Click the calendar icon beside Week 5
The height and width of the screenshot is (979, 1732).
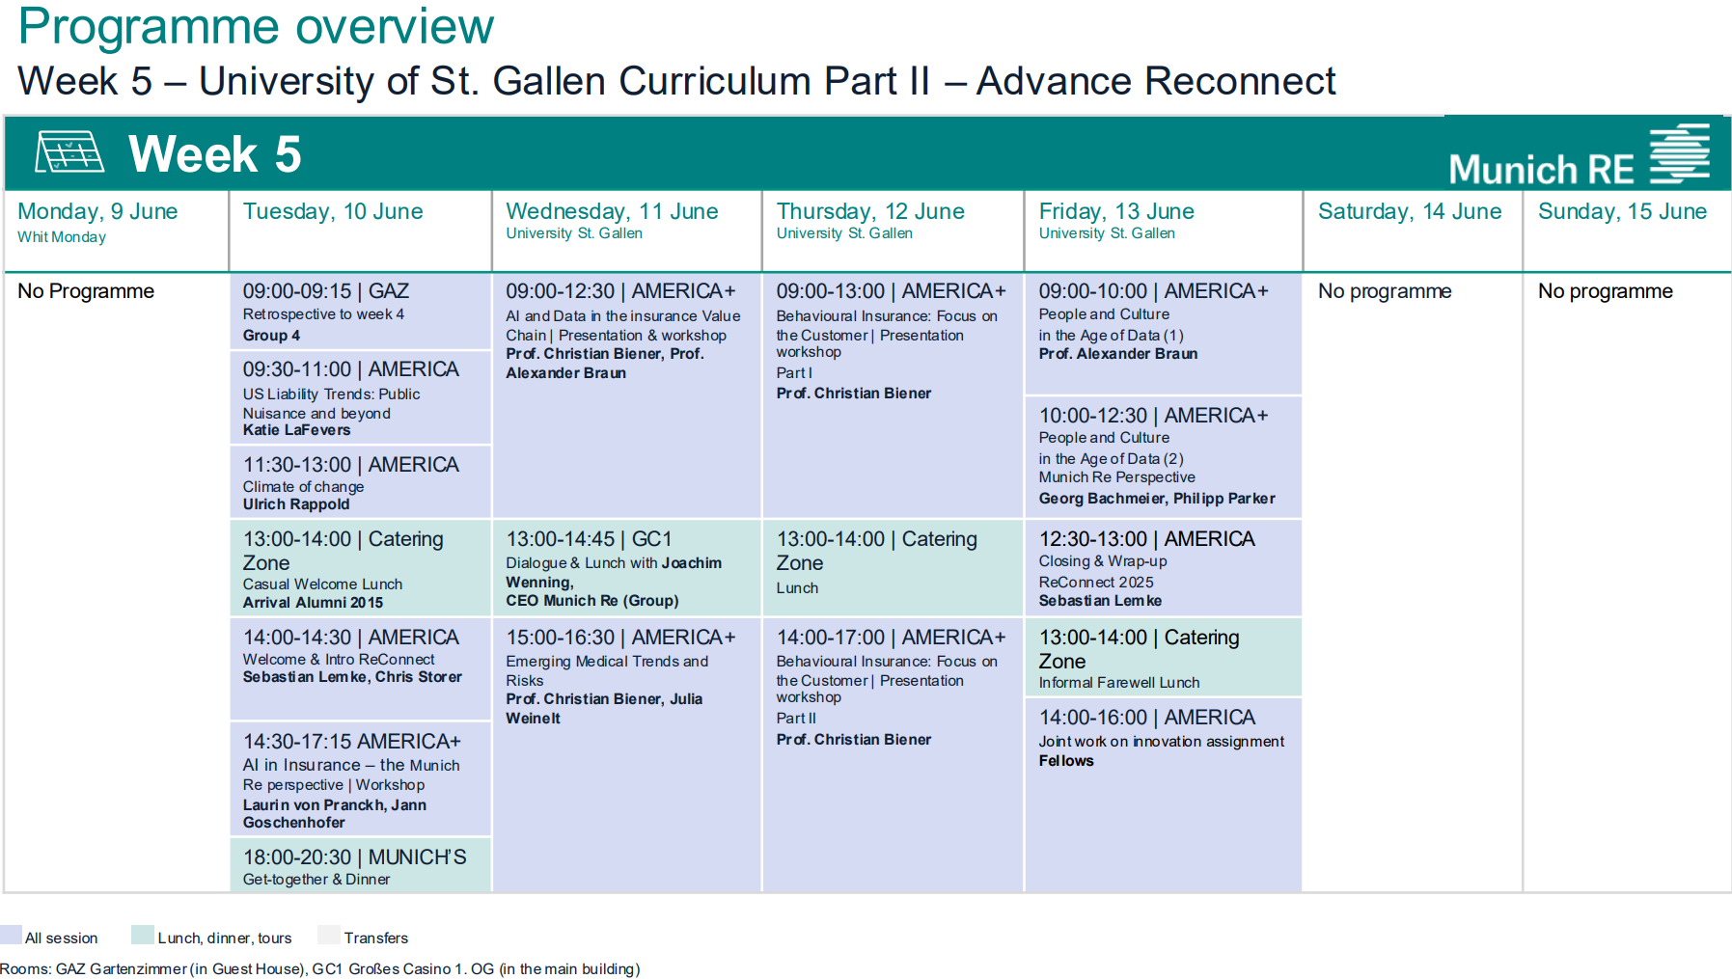click(69, 152)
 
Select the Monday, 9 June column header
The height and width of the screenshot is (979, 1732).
click(97, 211)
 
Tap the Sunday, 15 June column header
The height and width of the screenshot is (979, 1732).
click(1622, 211)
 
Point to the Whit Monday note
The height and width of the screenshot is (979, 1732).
click(62, 237)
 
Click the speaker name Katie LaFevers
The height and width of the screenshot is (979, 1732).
click(296, 430)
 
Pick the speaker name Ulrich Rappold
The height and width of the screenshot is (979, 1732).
click(296, 504)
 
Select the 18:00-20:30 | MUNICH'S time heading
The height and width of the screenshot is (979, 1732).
click(354, 857)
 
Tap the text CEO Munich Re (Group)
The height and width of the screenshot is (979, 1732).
click(592, 601)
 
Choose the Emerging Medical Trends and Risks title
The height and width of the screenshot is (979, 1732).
click(606, 670)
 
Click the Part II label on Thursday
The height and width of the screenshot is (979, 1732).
click(796, 719)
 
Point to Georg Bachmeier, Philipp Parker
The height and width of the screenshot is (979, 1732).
click(1157, 499)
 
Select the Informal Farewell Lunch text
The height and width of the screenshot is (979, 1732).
click(1119, 683)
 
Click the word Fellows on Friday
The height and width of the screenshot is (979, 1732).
click(1066, 761)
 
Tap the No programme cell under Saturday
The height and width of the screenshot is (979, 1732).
click(1385, 291)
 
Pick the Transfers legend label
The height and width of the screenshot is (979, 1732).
click(376, 938)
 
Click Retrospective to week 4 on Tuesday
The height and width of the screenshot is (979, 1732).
click(323, 314)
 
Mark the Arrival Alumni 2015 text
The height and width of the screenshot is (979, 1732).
click(313, 603)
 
